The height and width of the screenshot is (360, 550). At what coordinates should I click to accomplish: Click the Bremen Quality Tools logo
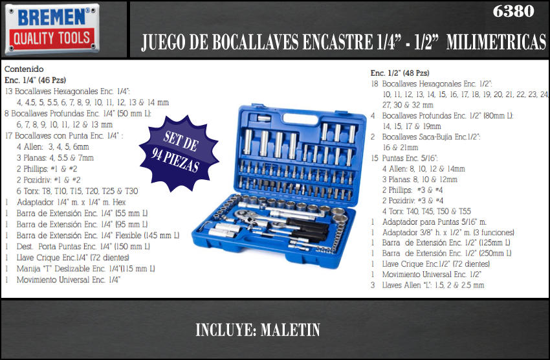coord(52,30)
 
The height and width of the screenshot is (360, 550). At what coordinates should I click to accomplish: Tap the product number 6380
coord(513,11)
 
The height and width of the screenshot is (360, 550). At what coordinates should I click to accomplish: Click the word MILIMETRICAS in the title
coord(496,42)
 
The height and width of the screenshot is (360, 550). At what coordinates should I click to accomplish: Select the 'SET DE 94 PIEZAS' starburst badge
coord(179,153)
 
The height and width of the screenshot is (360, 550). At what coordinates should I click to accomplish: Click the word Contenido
coord(24,69)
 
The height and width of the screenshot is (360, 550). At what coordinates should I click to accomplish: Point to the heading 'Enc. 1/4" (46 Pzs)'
coord(35,80)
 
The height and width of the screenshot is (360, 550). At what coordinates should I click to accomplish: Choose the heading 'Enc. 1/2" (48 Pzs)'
coord(400,73)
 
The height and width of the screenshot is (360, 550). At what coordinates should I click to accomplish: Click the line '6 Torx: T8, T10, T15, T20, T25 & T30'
coord(77,191)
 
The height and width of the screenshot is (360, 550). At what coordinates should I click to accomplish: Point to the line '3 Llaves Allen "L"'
coord(427,286)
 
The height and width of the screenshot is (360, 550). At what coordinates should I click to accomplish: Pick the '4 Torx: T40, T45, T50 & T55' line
coord(426,211)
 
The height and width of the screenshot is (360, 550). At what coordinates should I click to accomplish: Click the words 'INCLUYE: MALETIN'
coord(258,330)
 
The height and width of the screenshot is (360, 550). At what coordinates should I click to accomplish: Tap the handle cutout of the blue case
coord(300,118)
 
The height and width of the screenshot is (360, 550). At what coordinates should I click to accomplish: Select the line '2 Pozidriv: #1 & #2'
coord(49,179)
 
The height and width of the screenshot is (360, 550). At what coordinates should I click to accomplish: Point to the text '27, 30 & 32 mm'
coord(408,105)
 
